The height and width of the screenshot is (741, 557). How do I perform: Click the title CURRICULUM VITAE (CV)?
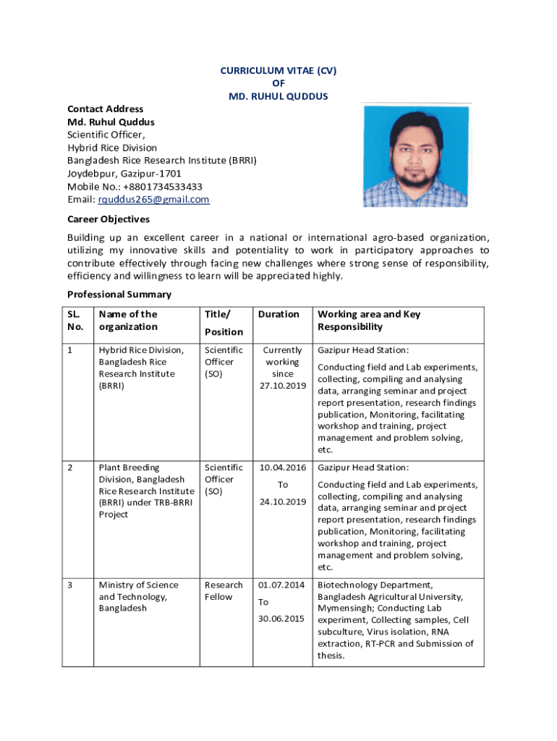(278, 70)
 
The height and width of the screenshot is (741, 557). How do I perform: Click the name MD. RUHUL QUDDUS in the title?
(278, 96)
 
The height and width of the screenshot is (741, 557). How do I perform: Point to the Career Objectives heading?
(109, 219)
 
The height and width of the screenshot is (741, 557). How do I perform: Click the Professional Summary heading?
(119, 295)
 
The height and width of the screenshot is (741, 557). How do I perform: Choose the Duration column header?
(278, 314)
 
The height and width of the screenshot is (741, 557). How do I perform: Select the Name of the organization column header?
(128, 321)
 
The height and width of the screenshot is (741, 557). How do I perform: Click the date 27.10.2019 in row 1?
(283, 386)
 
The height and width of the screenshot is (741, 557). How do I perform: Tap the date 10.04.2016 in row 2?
(283, 468)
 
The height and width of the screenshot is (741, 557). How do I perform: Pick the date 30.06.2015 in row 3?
(283, 619)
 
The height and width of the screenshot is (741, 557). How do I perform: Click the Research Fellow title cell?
(224, 590)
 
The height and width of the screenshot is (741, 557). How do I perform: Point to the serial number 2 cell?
(71, 468)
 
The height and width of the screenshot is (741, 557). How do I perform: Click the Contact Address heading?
(105, 109)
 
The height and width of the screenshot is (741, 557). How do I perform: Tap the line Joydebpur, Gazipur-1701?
(124, 174)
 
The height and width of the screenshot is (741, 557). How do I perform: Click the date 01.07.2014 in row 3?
(283, 585)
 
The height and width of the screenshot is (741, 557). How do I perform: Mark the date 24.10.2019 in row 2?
(283, 501)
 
